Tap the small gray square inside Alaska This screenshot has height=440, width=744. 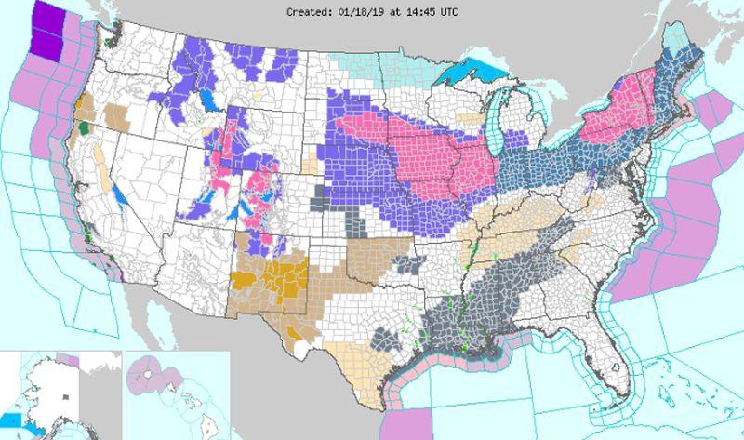pyautogui.click(x=64, y=397)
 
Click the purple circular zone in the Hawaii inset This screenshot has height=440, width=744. pyautogui.click(x=149, y=373)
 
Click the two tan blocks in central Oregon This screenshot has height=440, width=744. pyautogui.click(x=117, y=116)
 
